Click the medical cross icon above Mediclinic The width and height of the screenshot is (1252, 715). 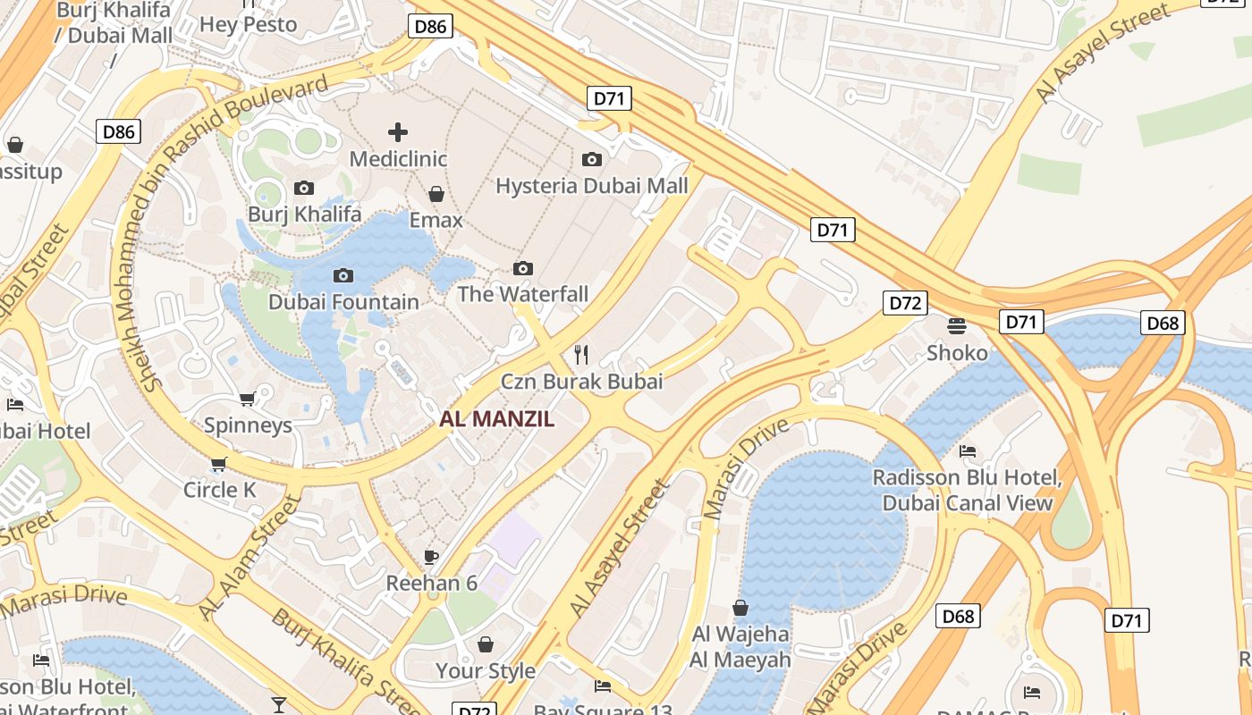[398, 133]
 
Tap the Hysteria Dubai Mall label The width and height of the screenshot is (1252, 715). [592, 186]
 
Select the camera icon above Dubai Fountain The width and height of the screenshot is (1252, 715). [343, 276]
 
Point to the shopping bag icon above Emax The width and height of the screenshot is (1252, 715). [436, 194]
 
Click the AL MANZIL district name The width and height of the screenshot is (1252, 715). [497, 419]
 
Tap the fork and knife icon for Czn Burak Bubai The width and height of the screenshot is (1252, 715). [581, 355]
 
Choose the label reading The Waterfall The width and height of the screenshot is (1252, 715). [523, 294]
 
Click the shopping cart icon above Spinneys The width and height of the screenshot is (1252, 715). [248, 399]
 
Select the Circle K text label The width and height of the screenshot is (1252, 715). [220, 490]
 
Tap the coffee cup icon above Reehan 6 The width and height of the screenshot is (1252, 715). [431, 558]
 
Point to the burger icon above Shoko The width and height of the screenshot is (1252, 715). [957, 326]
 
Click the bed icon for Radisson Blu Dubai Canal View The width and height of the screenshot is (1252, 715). [968, 451]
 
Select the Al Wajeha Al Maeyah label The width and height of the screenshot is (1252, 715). [740, 647]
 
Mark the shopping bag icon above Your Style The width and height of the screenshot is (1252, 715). [486, 644]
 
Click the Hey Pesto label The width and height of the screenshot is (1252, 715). [248, 24]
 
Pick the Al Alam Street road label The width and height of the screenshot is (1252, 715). [250, 559]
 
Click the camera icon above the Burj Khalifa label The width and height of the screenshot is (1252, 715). [304, 189]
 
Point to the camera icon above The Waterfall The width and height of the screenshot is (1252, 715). [523, 269]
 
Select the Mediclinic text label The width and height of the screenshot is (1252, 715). [398, 159]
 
